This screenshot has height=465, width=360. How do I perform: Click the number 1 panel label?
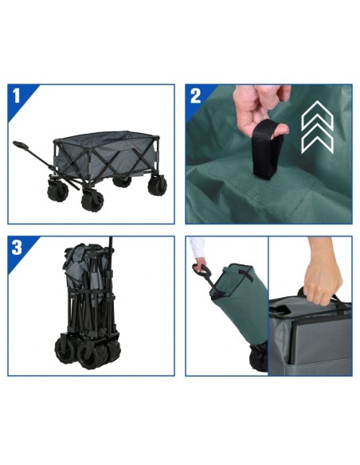click(x=16, y=96)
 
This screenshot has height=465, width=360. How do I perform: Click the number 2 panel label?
click(x=195, y=96)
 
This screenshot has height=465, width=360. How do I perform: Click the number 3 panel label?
click(x=17, y=248)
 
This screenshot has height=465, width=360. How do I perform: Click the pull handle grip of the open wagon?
click(x=21, y=145)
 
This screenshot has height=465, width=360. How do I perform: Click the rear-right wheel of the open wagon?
click(x=122, y=182)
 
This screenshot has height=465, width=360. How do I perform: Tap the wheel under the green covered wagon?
click(x=258, y=358)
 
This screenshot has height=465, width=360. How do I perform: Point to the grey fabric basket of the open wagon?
click(x=107, y=156)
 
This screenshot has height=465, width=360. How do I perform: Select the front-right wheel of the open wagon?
click(x=157, y=184)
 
